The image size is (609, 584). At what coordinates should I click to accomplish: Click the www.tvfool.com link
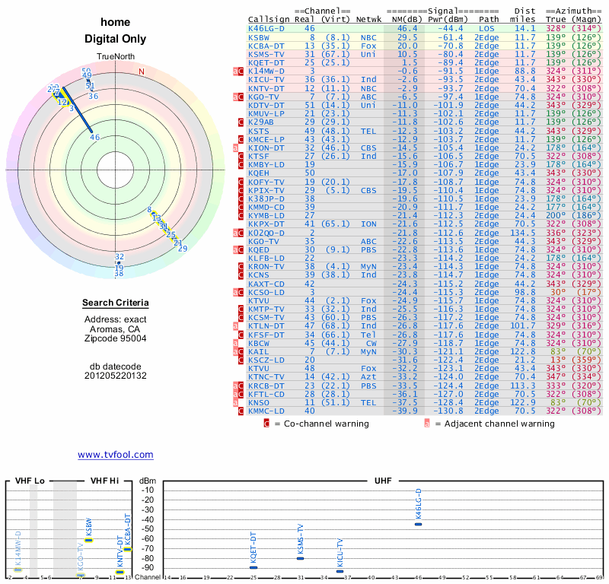115,455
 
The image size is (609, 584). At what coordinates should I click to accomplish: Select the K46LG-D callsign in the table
266,28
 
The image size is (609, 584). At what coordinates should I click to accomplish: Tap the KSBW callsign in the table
259,37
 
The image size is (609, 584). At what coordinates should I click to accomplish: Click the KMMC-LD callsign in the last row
266,411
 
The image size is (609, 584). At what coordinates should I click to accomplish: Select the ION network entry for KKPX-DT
369,224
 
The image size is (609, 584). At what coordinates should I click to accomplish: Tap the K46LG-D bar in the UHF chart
418,524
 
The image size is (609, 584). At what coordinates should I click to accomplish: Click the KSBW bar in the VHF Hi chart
88,540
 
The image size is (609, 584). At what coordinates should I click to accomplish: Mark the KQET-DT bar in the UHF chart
253,567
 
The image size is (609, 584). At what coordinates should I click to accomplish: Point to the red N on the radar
141,71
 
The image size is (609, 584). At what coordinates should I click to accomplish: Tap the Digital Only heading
115,40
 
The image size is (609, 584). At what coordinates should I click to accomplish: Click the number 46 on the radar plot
95,138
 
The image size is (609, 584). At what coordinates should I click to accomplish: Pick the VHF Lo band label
29,481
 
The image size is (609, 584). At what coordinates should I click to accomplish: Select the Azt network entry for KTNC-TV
369,376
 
